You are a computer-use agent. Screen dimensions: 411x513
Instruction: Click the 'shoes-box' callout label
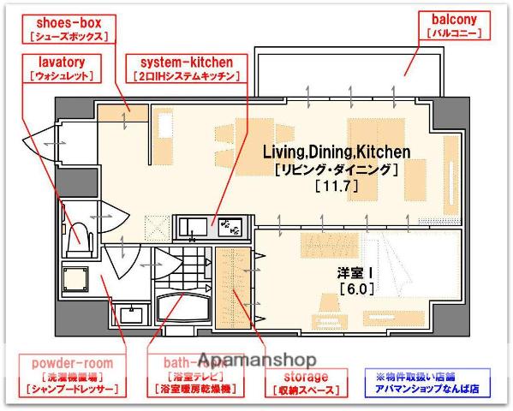(67, 29)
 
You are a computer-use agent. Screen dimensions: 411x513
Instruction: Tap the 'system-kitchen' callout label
(186, 68)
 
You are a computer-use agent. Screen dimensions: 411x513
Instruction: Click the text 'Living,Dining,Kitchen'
(336, 152)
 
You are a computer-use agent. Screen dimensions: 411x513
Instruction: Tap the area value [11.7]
(336, 185)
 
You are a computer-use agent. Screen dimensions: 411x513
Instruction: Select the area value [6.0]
(354, 289)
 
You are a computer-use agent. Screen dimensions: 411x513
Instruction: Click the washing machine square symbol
(76, 277)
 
